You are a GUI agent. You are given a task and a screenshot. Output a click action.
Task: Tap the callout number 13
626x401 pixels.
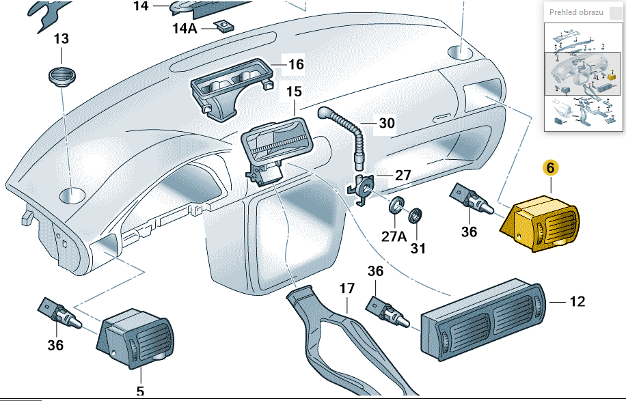[x=61, y=40]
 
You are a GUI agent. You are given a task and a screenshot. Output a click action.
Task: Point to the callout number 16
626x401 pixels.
[x=295, y=65]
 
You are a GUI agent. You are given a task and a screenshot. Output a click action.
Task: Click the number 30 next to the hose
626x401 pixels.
[x=387, y=124]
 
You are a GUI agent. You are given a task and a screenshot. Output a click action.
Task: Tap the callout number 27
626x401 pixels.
[x=403, y=176]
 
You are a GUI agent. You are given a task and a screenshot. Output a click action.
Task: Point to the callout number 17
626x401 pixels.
[x=347, y=288]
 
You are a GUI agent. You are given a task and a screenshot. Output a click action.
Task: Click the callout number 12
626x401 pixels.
[x=577, y=301]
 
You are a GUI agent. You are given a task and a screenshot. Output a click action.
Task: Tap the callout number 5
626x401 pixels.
[x=141, y=391]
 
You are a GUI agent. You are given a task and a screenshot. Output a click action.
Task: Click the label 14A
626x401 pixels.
[x=185, y=29]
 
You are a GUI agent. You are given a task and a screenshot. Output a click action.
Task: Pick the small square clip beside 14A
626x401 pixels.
[x=223, y=27]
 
